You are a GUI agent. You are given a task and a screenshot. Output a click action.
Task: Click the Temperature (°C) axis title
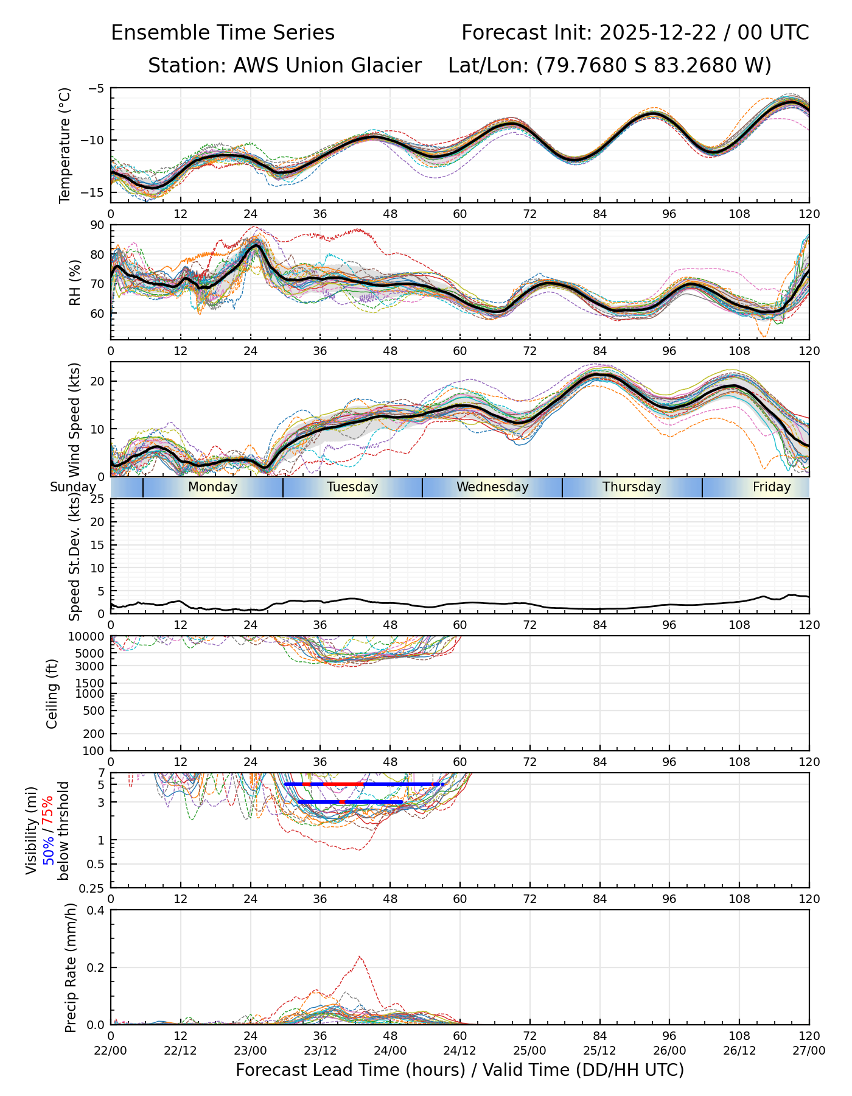click(65, 145)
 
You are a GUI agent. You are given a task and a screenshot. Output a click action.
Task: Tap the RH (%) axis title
click(75, 283)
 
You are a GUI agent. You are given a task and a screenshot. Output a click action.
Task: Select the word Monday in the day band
click(212, 487)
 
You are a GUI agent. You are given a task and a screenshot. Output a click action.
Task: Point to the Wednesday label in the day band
click(492, 487)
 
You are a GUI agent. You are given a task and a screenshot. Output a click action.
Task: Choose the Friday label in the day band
click(772, 487)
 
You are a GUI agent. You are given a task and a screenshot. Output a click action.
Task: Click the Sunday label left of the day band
click(73, 487)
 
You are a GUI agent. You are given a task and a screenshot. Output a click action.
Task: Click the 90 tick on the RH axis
click(97, 225)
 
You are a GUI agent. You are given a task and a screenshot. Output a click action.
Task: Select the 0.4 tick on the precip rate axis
click(97, 910)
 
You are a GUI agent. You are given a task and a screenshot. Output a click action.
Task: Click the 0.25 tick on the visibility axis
click(93, 888)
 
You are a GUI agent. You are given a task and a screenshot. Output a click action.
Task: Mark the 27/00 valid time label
click(809, 1050)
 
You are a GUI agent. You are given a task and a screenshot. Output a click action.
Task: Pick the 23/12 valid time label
click(320, 1050)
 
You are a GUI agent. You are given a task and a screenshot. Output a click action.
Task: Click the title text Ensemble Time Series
click(223, 33)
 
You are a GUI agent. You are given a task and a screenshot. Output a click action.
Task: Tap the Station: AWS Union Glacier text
click(285, 66)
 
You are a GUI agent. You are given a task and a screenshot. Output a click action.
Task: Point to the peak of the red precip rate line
click(360, 957)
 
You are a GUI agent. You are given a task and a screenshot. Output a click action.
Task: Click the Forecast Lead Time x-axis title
click(459, 1070)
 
